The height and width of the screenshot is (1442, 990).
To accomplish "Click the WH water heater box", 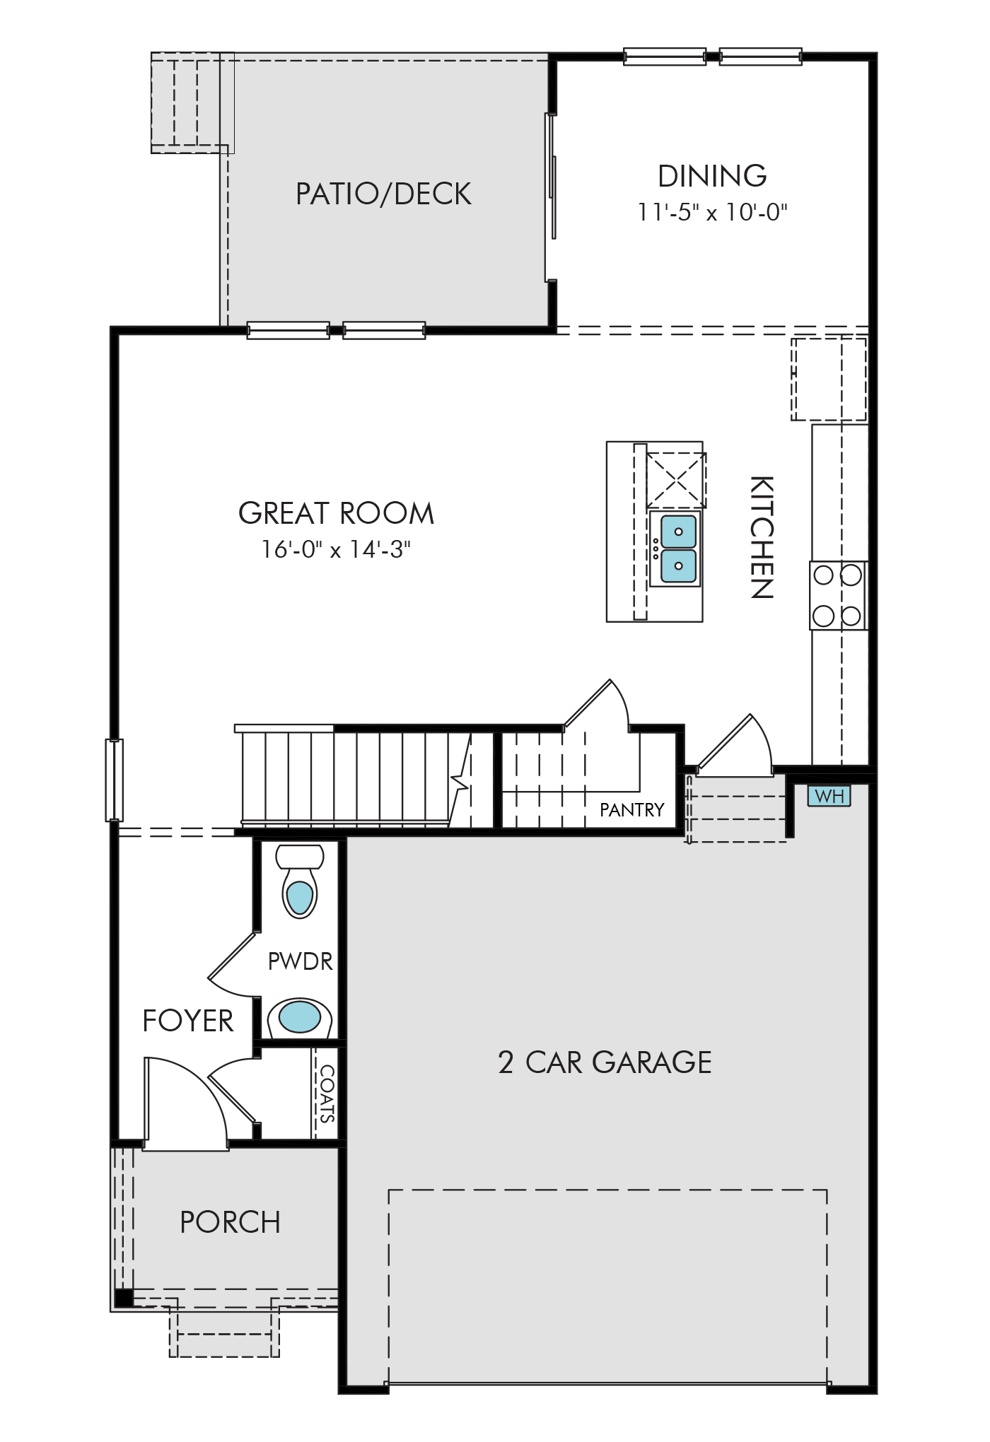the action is (829, 796).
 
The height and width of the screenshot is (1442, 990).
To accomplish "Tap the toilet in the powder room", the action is (300, 881).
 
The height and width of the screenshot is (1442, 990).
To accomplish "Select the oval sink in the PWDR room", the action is (300, 1018).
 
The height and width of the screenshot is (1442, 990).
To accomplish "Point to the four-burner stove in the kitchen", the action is (839, 595).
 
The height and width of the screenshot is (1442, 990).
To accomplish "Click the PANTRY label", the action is (632, 810).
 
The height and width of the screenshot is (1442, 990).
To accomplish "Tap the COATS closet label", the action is (327, 1094).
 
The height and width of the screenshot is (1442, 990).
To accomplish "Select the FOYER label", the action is (188, 1021).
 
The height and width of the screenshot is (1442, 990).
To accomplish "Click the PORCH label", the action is (231, 1222).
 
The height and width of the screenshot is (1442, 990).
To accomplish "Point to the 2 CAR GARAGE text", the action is (605, 1062).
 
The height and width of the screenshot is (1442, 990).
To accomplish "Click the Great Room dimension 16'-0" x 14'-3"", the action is (337, 549).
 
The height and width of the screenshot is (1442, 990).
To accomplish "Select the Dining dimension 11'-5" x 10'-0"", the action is (713, 211).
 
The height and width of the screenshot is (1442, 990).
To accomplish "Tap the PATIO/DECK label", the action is (383, 194).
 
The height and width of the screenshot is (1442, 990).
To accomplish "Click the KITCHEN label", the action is (762, 537).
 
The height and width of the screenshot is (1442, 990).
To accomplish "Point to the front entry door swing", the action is (185, 1103).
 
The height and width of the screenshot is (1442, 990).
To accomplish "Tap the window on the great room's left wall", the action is (115, 780).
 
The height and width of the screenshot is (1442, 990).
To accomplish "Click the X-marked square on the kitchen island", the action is (676, 480).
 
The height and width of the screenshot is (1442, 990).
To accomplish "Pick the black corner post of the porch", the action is (124, 1298).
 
